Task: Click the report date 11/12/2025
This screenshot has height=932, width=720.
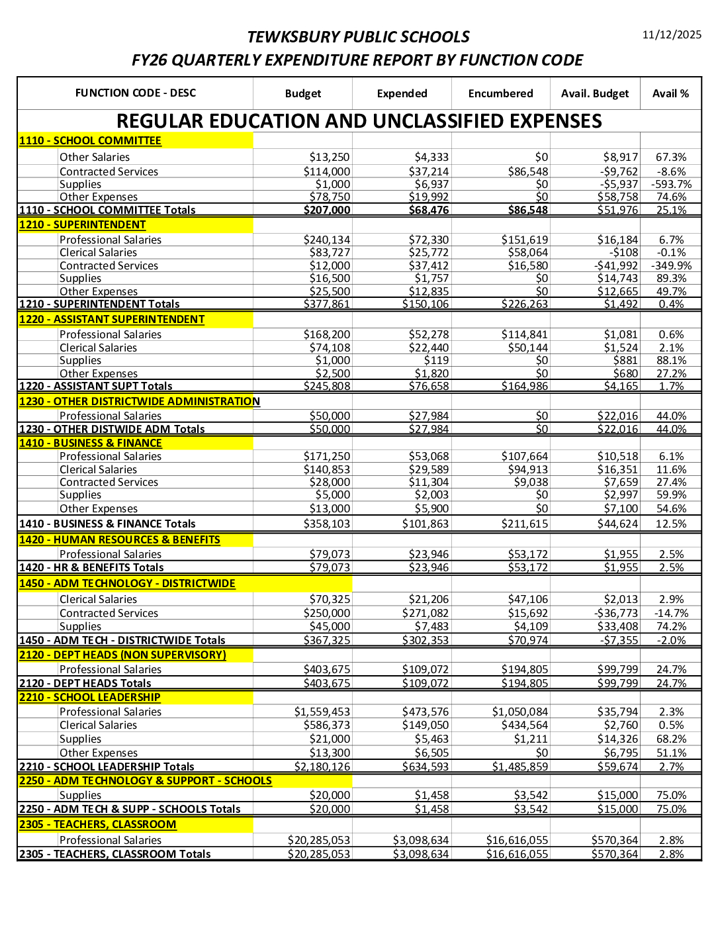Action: pos(672,34)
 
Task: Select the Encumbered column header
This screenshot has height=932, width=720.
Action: pos(500,93)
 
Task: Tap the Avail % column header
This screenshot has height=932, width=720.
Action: pos(670,93)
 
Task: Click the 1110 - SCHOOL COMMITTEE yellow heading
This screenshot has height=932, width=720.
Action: pos(90,140)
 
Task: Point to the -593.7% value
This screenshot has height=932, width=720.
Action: pos(671,184)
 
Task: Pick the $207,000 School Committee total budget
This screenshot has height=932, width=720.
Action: pos(327,210)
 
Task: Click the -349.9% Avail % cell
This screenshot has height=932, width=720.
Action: pos(671,265)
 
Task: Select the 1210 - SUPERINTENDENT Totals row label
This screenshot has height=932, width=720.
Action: pos(99,304)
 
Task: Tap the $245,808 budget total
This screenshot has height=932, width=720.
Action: pos(327,386)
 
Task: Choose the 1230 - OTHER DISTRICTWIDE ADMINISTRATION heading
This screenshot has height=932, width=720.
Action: pos(139,401)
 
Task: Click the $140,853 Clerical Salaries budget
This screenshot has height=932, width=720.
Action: pos(327,469)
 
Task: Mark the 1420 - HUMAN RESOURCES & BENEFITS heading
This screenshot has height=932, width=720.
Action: pos(120,539)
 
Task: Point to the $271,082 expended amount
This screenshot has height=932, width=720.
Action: pos(426,613)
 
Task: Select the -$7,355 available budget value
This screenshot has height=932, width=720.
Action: pos(619,640)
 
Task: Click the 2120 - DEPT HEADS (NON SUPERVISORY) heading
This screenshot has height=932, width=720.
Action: pos(122,655)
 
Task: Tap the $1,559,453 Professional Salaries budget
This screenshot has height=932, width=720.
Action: pos(322,712)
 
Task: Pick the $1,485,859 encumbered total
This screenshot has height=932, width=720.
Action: pos(520,767)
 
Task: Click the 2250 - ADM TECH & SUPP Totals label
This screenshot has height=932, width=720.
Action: pos(130,809)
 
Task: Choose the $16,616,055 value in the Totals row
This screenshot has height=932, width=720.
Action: pos(517,854)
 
